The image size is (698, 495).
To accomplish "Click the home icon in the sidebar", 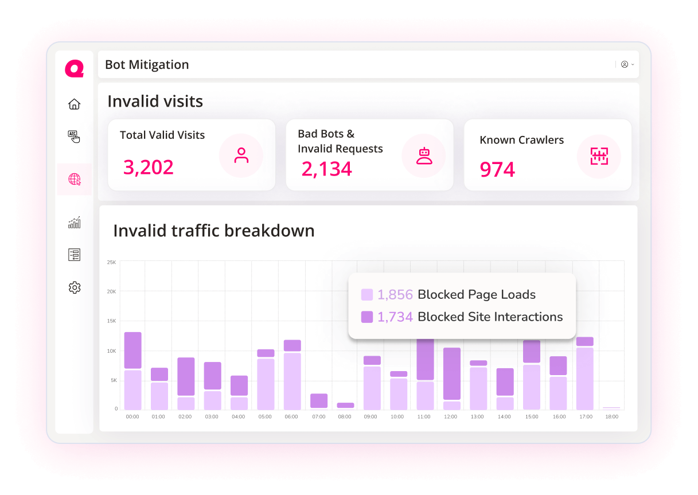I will [x=74, y=104].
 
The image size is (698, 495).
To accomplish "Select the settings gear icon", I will [x=74, y=288].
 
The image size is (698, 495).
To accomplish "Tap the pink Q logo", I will [x=74, y=69].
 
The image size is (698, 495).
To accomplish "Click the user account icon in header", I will [x=625, y=65].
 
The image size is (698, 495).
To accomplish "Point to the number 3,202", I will [x=149, y=167].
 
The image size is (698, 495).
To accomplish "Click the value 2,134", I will [x=327, y=169].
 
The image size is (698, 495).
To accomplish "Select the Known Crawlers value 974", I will [x=497, y=170].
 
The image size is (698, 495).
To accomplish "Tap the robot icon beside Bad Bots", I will [x=424, y=156].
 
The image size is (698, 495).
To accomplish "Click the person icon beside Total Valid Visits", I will [x=241, y=155].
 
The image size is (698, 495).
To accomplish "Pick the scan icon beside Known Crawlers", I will [x=599, y=156].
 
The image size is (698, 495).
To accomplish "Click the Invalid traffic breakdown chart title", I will [x=214, y=231].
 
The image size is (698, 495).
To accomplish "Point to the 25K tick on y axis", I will [x=111, y=263].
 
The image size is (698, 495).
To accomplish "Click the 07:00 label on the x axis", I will [x=318, y=417].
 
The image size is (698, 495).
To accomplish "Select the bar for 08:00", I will [x=345, y=406].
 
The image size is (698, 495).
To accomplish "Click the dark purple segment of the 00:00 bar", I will [x=132, y=350].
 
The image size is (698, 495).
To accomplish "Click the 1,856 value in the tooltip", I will [x=395, y=295].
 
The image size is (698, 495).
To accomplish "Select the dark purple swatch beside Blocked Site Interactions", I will [x=367, y=317].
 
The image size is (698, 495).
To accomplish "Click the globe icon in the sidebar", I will [x=74, y=180].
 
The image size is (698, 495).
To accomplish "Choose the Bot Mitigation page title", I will [x=147, y=65].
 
